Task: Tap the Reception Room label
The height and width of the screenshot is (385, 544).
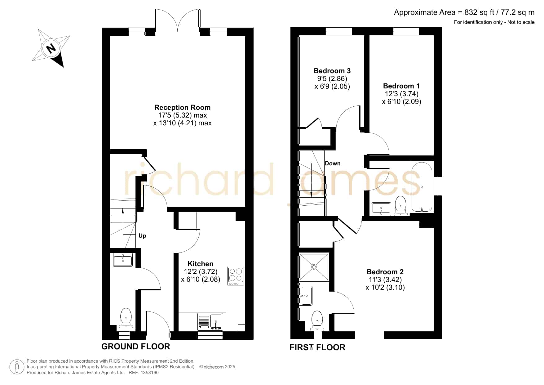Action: coord(182,107)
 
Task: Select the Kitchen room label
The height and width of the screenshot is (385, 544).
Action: coord(201,264)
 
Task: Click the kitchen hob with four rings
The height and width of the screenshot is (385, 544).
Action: coord(236,276)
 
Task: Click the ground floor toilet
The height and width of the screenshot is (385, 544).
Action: coord(126,318)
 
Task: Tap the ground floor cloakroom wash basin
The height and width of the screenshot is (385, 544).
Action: coord(123,260)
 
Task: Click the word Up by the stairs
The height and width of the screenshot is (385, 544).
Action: coord(142,236)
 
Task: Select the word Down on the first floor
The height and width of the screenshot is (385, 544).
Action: coord(333,163)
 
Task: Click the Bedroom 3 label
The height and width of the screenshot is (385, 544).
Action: coord(332,71)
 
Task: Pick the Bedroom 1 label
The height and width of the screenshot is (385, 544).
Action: coord(401,86)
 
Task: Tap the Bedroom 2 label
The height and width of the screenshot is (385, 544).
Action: coord(385,272)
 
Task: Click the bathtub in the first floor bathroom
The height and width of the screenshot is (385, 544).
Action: coord(422,186)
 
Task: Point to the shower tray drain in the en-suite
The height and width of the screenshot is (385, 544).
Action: coord(314,267)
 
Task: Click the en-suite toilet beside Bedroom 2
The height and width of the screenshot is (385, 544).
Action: coord(317,320)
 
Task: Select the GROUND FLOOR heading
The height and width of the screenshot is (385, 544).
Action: coord(136,347)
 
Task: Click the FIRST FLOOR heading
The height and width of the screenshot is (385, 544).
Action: coord(317,347)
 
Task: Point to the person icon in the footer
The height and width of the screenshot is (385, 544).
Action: coord(17,367)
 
